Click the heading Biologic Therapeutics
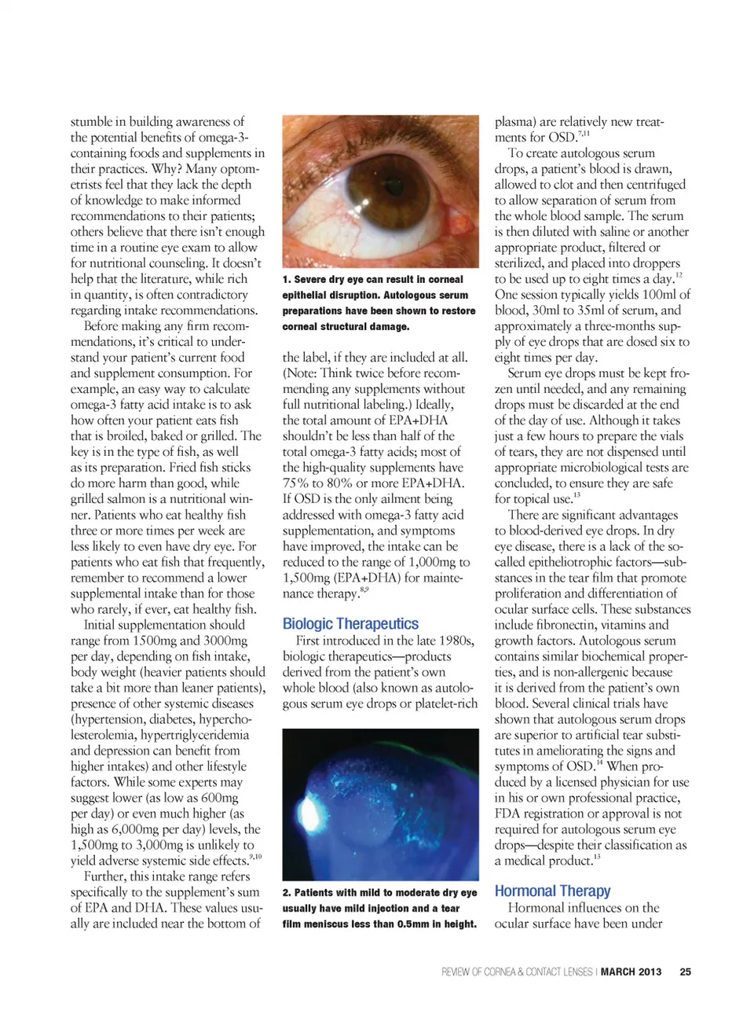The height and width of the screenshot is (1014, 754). pyautogui.click(x=350, y=624)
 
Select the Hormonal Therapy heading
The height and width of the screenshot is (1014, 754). pyautogui.click(x=552, y=891)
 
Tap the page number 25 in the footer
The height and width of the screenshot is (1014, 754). pyautogui.click(x=685, y=972)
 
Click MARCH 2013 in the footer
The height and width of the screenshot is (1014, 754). pyautogui.click(x=631, y=972)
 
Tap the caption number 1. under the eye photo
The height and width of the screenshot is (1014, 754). pyautogui.click(x=287, y=280)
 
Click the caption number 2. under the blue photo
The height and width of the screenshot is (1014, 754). pyautogui.click(x=287, y=893)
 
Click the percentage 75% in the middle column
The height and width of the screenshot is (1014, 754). pyautogui.click(x=295, y=483)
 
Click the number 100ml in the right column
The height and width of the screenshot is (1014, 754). pyautogui.click(x=657, y=295)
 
